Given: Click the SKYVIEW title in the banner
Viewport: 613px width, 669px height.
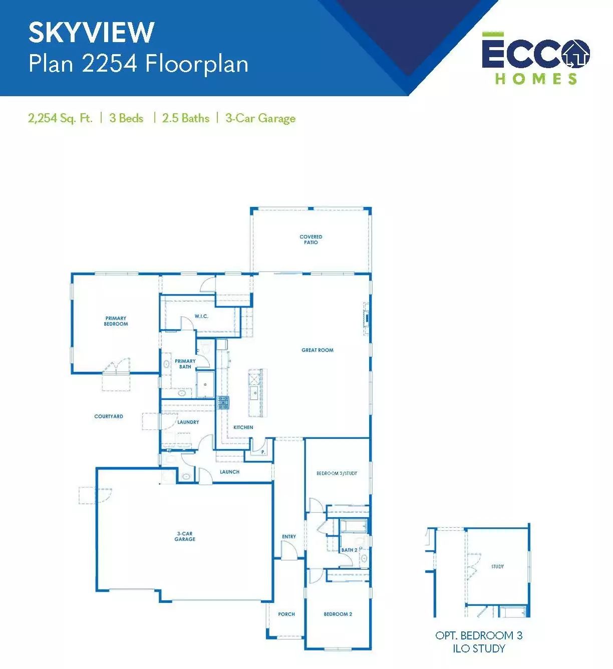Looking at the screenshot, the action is [x=91, y=32].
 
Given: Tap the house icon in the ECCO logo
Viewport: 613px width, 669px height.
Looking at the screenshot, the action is [x=575, y=54].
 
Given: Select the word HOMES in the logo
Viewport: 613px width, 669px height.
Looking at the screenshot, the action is [x=536, y=79].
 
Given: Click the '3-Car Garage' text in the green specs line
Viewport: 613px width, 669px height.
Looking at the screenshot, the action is [x=260, y=118].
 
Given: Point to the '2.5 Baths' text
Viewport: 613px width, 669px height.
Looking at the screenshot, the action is [x=186, y=118].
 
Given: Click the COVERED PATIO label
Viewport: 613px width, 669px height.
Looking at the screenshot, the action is [x=311, y=240].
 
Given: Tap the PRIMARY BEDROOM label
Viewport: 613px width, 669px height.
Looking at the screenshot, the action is [x=116, y=321].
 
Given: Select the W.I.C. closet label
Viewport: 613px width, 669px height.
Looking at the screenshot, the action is [x=201, y=316].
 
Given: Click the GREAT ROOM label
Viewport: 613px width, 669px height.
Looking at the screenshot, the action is [x=318, y=350].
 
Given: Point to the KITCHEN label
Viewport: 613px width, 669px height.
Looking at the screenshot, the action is [x=243, y=427].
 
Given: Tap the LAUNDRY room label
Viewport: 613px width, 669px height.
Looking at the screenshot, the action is [x=188, y=422].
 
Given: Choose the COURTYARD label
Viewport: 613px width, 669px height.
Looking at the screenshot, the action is [x=109, y=416].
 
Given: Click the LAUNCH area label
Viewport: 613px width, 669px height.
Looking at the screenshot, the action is [x=229, y=472].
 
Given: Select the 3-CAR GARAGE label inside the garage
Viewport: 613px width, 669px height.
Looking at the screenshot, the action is [x=185, y=536].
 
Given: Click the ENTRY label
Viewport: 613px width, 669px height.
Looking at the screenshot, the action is [x=288, y=536].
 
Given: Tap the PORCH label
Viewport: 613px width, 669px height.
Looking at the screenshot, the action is [x=286, y=614].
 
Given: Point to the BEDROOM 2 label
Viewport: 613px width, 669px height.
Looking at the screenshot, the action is [x=338, y=614].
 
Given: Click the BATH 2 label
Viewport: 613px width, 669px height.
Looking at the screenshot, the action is [x=349, y=550].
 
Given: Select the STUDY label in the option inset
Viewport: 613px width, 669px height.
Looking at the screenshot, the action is [x=497, y=566].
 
